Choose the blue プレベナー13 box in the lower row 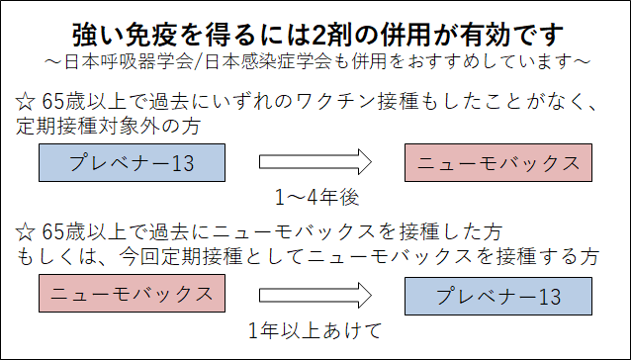[497, 295]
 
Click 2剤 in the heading [329, 35]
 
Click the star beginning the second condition [27, 232]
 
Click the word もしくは [57, 257]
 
